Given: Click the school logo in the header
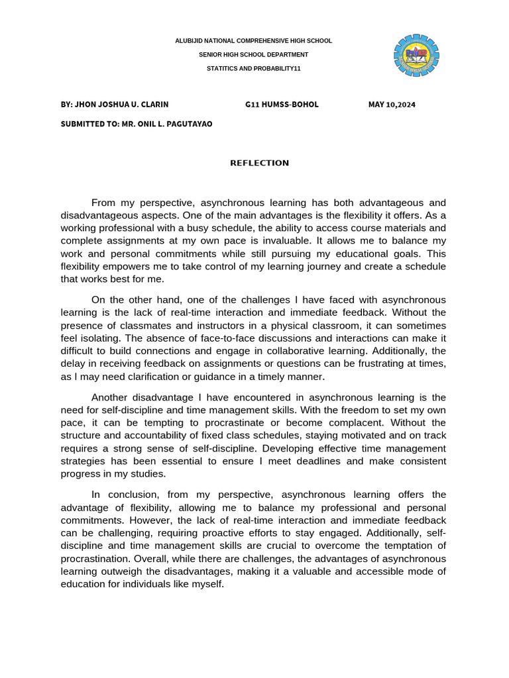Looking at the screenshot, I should tap(416, 56).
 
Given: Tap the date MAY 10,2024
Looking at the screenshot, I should tap(392, 105).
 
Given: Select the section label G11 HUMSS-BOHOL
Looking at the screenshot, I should tap(282, 105).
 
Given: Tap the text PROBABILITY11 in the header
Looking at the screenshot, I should tap(273, 68).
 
